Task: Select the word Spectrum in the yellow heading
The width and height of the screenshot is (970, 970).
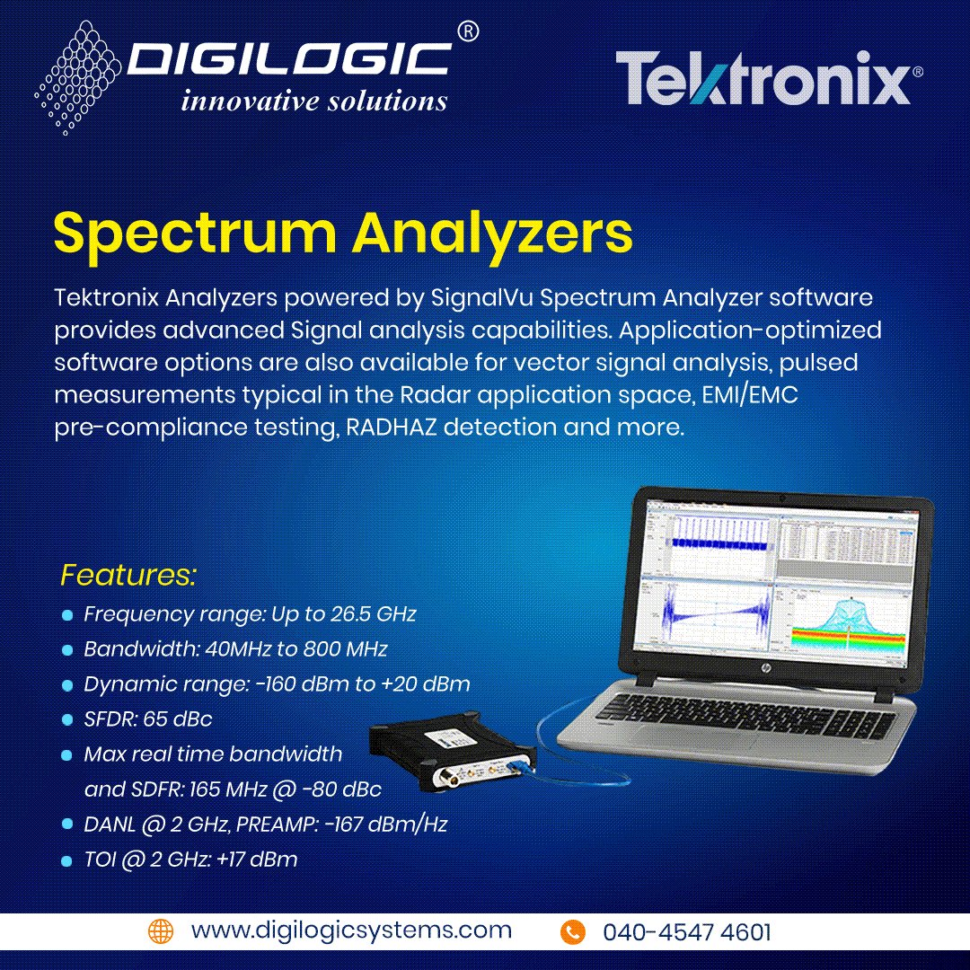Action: (194, 233)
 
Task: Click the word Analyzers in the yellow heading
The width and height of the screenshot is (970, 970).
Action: (492, 233)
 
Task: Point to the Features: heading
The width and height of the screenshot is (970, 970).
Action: (128, 575)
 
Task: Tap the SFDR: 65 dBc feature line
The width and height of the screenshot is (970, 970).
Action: (147, 719)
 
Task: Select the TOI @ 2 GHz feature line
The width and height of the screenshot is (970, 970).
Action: (190, 860)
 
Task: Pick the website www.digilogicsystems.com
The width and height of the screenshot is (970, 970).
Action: (351, 930)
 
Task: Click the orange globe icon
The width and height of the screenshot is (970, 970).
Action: (160, 930)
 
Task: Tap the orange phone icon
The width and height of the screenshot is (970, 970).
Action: (572, 931)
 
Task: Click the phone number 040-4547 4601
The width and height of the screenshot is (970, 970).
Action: (686, 932)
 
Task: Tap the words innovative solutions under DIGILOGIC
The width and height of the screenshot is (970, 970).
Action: (314, 101)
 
